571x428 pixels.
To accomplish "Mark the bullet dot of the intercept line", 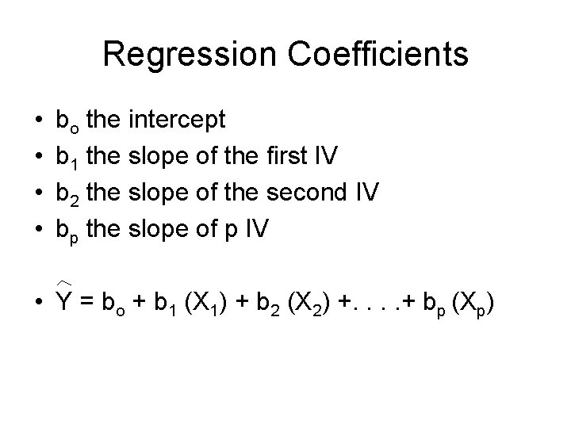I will [x=39, y=120].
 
